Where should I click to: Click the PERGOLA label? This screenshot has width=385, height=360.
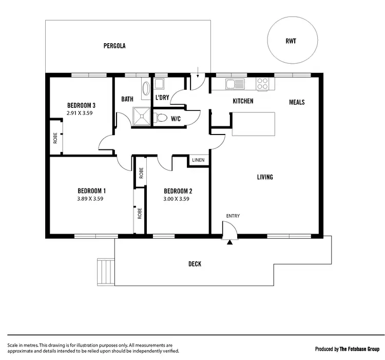pos(114,46)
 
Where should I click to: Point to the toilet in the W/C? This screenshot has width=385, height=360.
pos(162,118)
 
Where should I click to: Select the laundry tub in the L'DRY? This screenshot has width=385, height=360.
pos(159,84)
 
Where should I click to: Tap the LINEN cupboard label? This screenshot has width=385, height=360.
pos(198,160)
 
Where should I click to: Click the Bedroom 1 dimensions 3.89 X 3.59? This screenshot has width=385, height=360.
pos(91,199)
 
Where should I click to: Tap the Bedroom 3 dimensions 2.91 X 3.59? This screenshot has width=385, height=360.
pos(81,112)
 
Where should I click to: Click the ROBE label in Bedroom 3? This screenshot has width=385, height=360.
pos(55,138)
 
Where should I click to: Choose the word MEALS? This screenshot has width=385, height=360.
pos(296,102)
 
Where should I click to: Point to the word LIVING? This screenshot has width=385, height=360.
pos(265,177)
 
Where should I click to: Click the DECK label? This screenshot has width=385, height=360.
pos(195,264)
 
